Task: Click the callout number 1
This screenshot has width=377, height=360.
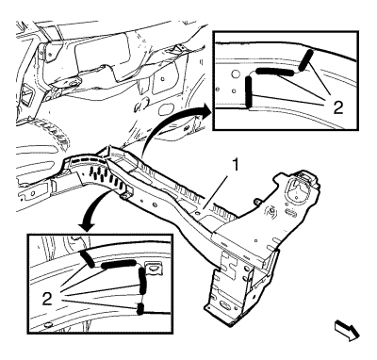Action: (236, 166)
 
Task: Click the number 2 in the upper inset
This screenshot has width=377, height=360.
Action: (337, 107)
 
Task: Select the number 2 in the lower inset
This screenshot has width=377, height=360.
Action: (47, 299)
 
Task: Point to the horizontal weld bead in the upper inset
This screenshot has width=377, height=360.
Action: (275, 72)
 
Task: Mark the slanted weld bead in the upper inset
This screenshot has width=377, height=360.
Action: (305, 59)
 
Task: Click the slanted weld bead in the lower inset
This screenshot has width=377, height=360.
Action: (87, 259)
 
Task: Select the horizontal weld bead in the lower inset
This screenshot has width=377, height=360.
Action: (119, 265)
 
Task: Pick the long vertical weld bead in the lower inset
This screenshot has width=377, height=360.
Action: (142, 280)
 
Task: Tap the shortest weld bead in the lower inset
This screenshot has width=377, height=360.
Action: (140, 309)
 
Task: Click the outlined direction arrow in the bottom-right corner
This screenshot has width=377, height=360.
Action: (347, 330)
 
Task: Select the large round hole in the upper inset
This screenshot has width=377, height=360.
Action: (235, 74)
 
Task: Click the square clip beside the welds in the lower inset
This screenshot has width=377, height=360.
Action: (154, 268)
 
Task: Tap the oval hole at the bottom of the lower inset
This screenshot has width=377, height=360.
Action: (48, 324)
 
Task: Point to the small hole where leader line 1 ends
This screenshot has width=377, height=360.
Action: (197, 213)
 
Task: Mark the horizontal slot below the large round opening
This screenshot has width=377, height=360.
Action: (292, 214)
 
